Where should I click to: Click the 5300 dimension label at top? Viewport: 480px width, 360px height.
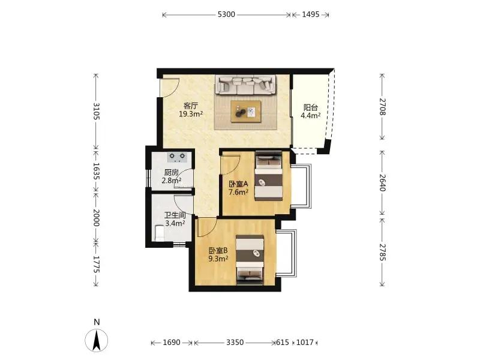click(x=226, y=14)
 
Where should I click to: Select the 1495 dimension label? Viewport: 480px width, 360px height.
click(x=311, y=14)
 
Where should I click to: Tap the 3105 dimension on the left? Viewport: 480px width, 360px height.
click(x=96, y=111)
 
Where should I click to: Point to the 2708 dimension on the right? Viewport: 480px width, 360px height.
click(x=382, y=107)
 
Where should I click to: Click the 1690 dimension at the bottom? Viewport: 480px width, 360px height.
click(x=172, y=342)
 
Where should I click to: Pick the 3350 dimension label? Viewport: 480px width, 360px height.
click(x=235, y=342)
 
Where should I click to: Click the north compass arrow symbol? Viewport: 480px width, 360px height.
click(x=97, y=340)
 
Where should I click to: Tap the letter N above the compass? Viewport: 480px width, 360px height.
click(x=97, y=322)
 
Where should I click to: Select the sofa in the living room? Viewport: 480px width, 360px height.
click(x=245, y=85)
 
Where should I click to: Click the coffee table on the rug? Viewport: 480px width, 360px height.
click(x=246, y=112)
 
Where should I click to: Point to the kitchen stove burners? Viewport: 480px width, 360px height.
click(x=177, y=157)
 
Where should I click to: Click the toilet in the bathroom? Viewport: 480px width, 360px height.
click(x=159, y=233)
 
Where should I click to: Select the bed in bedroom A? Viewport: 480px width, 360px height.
click(x=269, y=176)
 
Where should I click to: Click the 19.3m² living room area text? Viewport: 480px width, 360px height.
click(x=191, y=114)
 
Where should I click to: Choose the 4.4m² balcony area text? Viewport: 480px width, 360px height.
click(x=310, y=115)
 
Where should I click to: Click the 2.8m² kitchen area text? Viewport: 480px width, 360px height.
click(x=172, y=181)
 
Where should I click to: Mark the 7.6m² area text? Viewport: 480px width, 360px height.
click(x=238, y=192)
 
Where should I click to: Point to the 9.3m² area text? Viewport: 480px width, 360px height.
click(x=218, y=259)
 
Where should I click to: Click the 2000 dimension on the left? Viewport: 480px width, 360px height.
click(x=96, y=218)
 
